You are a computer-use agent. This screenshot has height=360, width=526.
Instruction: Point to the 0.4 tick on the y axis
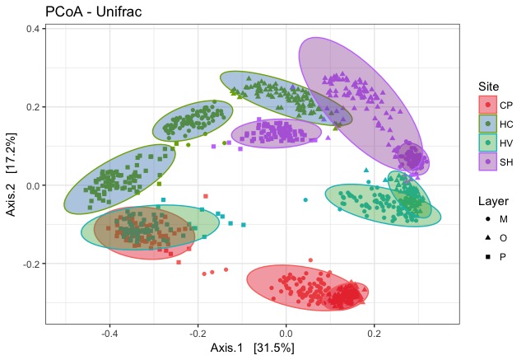(x=34, y=29)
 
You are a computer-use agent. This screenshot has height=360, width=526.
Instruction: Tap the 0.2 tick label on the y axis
(x=34, y=107)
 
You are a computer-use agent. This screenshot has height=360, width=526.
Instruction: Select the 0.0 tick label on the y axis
(x=34, y=185)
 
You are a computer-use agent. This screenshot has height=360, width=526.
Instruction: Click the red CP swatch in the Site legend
(x=488, y=105)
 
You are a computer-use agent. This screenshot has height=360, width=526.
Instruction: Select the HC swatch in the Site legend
(x=488, y=124)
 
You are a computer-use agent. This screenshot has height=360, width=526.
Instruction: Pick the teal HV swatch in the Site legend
(x=488, y=143)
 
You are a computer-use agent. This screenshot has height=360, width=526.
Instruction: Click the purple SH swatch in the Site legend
(x=488, y=161)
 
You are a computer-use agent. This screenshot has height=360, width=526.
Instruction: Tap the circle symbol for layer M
(x=488, y=218)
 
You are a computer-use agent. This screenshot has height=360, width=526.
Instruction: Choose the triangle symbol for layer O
(x=488, y=237)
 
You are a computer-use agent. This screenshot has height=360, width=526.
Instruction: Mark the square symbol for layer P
(x=488, y=256)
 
